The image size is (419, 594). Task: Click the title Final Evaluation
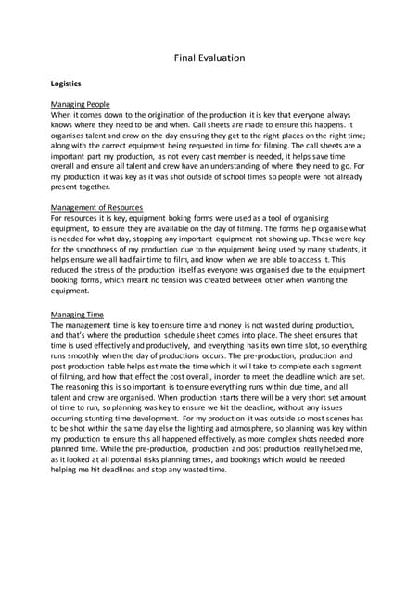(x=209, y=58)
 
